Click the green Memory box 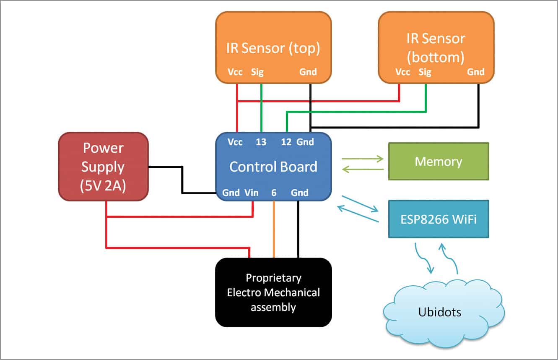(x=438, y=162)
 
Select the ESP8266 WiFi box (x=438, y=219)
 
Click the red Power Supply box (x=103, y=167)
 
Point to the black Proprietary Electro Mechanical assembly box (x=273, y=292)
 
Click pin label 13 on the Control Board (x=261, y=142)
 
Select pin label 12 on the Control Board (x=286, y=142)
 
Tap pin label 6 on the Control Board (x=274, y=193)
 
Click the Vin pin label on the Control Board (x=252, y=193)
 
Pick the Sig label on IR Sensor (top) (x=257, y=72)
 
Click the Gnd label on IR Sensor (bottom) (x=476, y=72)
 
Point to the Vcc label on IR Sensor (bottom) (x=402, y=72)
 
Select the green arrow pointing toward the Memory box (x=363, y=159)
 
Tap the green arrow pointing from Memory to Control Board (x=363, y=169)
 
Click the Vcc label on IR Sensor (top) (x=235, y=72)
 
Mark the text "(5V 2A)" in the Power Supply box (x=103, y=186)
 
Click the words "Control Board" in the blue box (x=273, y=167)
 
